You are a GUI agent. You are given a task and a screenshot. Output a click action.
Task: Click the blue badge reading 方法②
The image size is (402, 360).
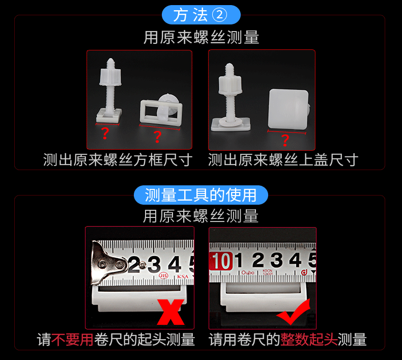(200, 15)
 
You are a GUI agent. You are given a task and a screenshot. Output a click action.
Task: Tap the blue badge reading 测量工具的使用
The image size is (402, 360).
(201, 195)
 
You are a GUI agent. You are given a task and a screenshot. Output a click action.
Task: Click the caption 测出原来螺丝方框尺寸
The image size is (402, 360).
(118, 160)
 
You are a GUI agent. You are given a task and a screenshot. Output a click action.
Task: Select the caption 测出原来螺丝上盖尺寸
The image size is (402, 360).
(283, 160)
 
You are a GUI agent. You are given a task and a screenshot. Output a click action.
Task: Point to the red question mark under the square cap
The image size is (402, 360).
(285, 141)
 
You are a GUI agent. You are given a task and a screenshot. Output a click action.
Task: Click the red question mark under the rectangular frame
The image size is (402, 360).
(157, 136)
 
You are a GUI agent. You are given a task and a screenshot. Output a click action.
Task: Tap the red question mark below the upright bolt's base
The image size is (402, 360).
(105, 134)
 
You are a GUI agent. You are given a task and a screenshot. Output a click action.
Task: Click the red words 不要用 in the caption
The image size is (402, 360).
(72, 340)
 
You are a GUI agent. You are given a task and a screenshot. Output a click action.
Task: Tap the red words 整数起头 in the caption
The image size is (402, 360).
(309, 340)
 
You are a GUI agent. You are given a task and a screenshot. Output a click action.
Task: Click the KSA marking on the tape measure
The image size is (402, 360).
(182, 278)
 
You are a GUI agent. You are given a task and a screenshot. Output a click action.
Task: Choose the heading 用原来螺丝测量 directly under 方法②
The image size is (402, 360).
(201, 38)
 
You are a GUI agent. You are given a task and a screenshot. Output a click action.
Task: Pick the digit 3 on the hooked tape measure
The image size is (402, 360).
(154, 264)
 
